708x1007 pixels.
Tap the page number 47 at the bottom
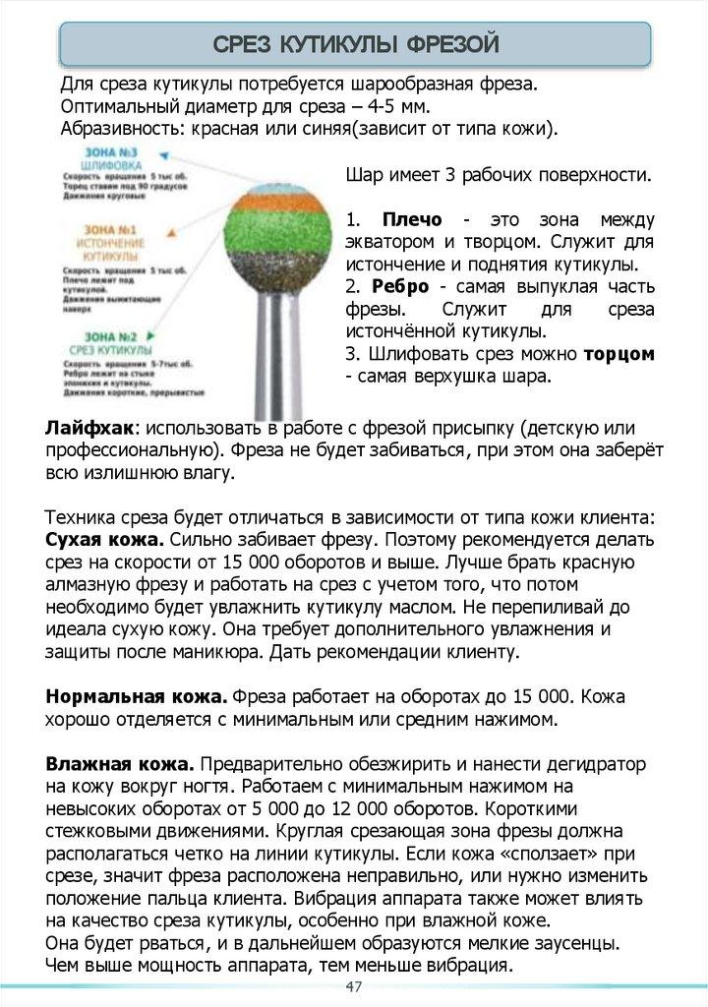(354, 987)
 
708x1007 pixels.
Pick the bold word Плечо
(411, 219)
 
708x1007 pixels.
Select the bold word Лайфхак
(89, 429)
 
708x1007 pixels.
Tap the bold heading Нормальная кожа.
(137, 696)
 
